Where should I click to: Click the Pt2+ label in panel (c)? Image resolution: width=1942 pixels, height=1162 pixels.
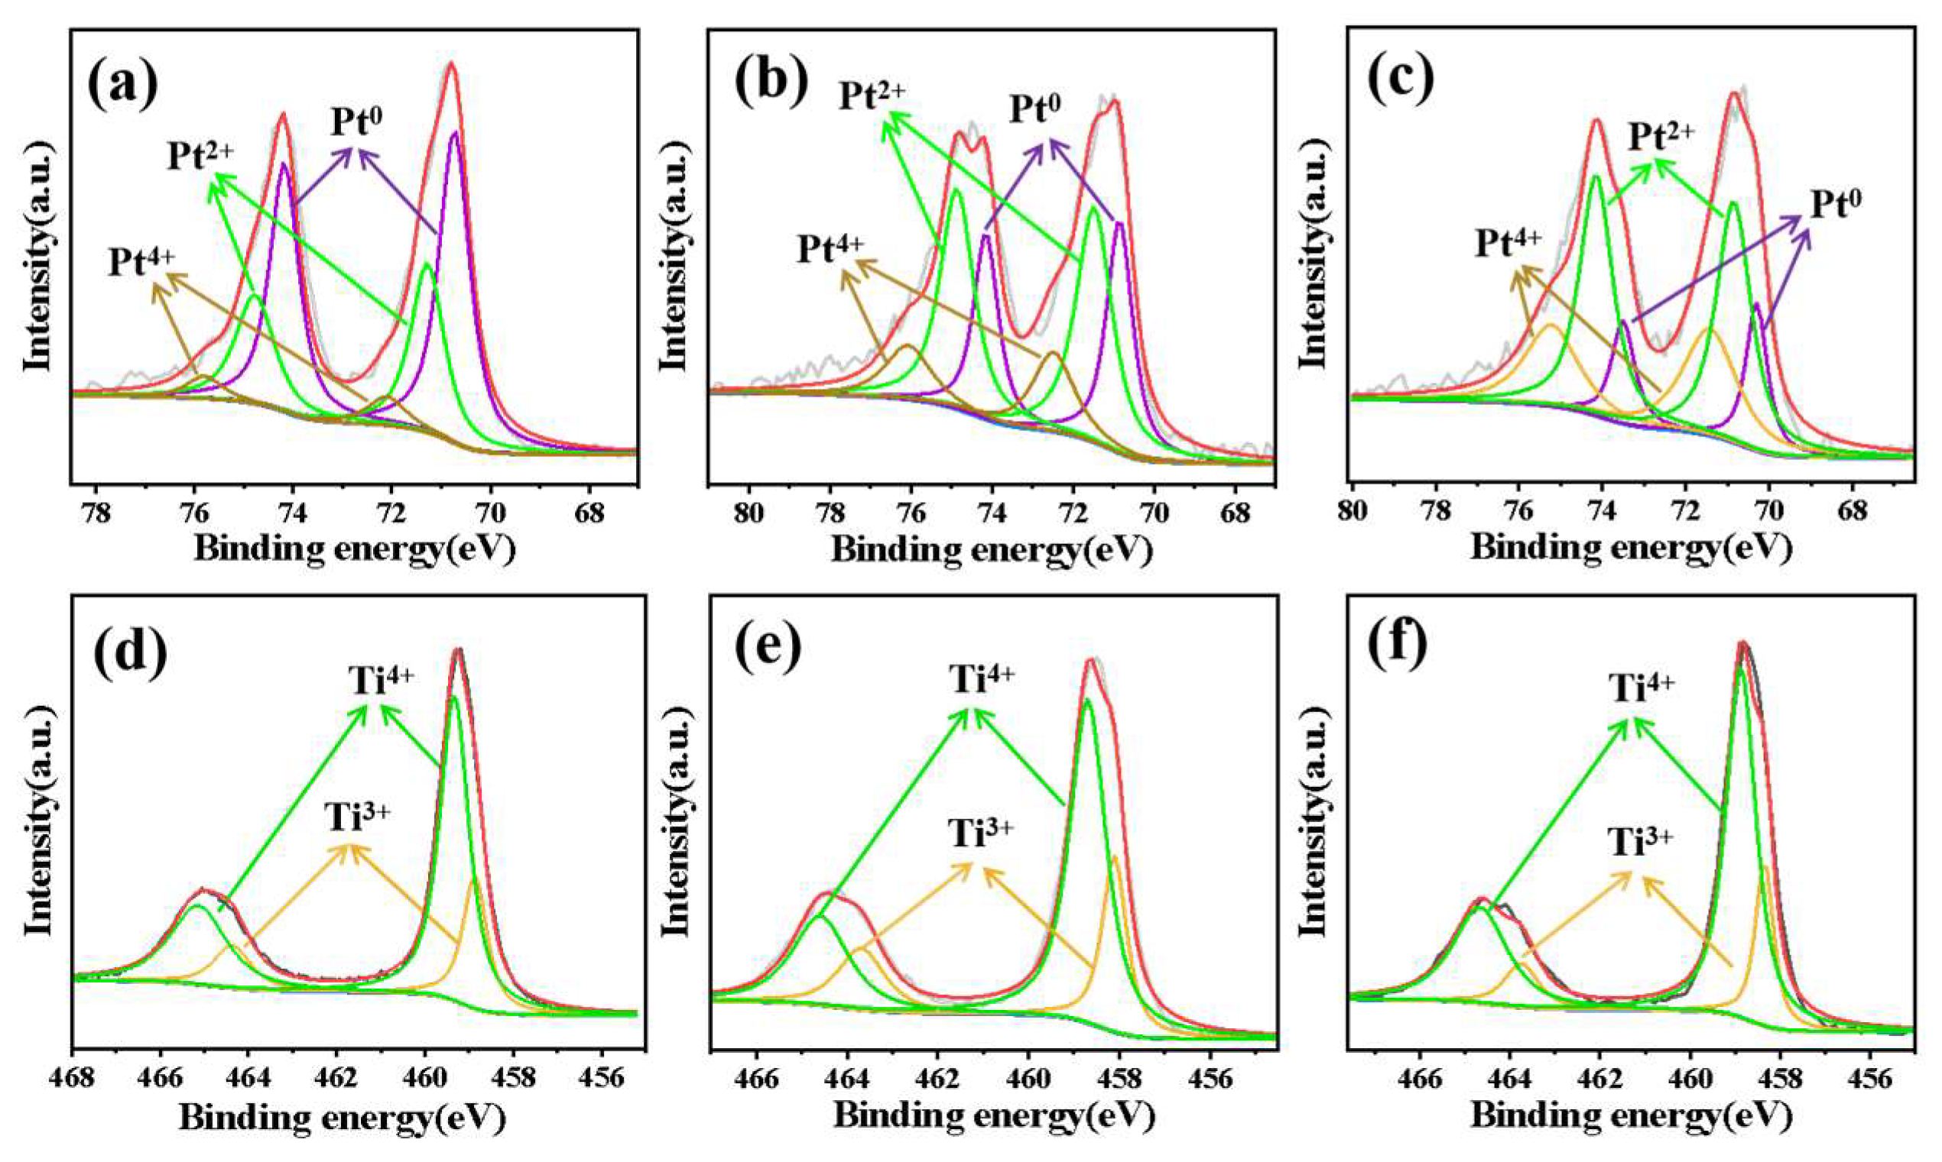pos(1661,136)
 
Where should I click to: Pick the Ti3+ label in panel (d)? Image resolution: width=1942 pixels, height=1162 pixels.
pos(357,797)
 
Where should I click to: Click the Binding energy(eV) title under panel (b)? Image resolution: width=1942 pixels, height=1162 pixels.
pos(991,550)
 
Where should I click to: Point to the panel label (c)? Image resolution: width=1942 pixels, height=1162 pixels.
pos(1400,81)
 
